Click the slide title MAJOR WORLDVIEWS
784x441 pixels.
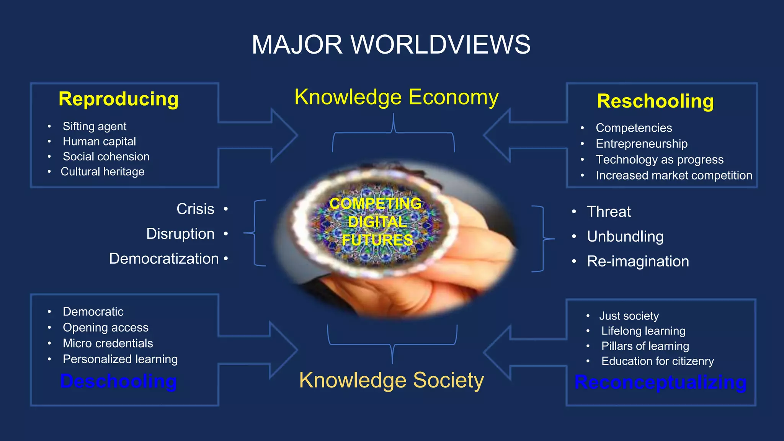tap(391, 44)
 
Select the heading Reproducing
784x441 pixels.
tap(119, 99)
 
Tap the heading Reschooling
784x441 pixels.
tap(655, 101)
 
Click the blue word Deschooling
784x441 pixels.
tap(119, 381)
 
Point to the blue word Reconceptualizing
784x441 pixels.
tap(660, 382)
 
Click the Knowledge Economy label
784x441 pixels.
tap(396, 97)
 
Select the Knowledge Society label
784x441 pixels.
tap(391, 380)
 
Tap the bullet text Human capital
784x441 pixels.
tap(99, 141)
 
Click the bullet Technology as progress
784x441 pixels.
tap(659, 159)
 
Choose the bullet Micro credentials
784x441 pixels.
tap(108, 343)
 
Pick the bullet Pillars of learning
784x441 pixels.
tap(645, 346)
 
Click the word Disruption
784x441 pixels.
tap(180, 234)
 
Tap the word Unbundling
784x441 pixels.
tap(625, 237)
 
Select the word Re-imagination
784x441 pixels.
tap(638, 261)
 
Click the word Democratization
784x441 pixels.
tap(164, 259)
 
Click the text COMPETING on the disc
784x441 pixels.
tap(375, 203)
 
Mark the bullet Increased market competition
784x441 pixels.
tap(674, 175)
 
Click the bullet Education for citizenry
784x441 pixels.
tap(657, 361)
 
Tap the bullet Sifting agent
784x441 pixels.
tap(95, 126)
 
